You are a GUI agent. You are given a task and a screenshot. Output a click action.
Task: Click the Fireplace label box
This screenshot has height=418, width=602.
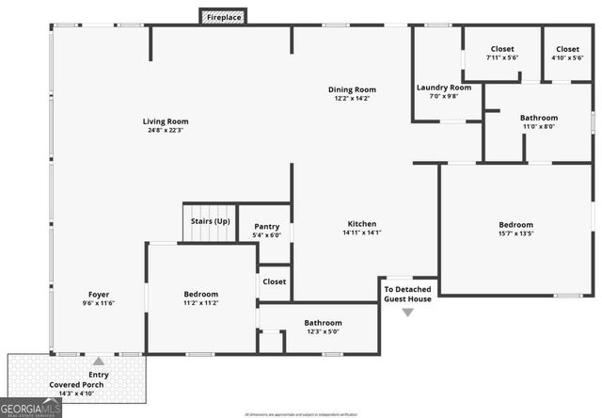click(x=222, y=17)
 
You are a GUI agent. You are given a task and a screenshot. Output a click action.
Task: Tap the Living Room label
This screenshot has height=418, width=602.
click(x=166, y=121)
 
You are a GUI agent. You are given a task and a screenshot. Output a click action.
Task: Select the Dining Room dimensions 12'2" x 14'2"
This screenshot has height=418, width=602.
click(x=353, y=99)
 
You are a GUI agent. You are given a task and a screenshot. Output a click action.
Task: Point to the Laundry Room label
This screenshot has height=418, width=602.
click(x=443, y=88)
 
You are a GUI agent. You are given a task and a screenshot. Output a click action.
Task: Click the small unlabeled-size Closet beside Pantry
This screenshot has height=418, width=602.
click(x=274, y=281)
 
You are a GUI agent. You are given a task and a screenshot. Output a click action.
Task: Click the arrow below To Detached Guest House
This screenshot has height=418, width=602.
click(x=407, y=312)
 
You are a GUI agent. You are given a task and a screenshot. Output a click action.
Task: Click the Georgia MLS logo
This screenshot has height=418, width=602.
click(x=31, y=408)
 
